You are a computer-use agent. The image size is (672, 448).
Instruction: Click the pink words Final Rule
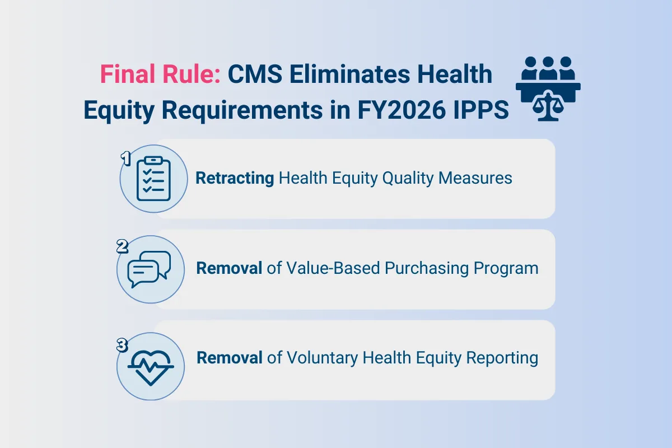coord(160,75)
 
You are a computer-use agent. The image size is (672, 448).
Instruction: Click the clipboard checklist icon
coord(153,178)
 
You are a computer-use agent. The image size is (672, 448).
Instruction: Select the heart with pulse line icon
coord(150,367)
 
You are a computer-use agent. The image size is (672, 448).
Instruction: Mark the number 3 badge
coord(123,346)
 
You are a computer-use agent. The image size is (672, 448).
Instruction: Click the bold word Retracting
coord(235,178)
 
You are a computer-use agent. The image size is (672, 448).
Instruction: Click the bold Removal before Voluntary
coord(230,358)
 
